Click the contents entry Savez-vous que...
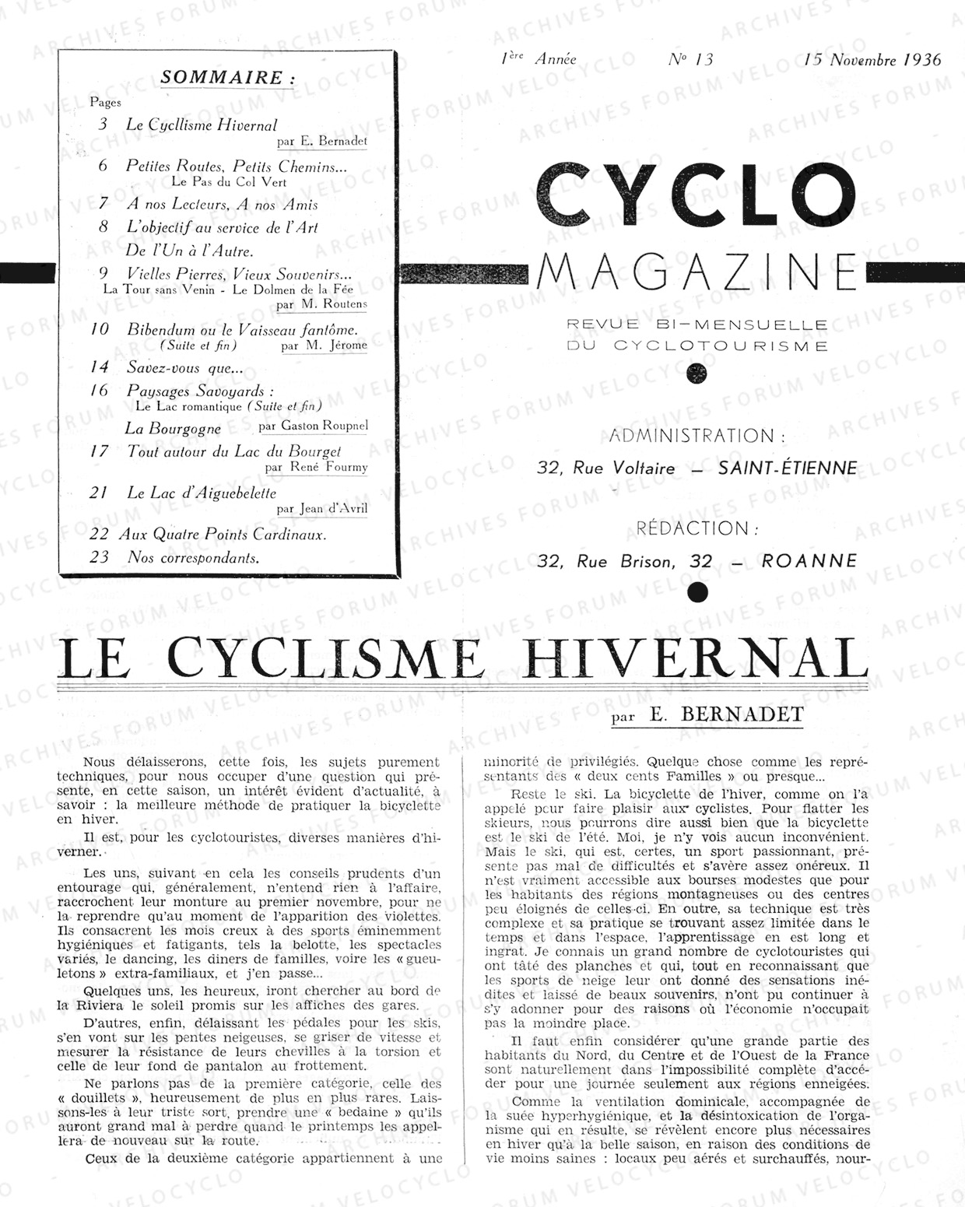(185, 368)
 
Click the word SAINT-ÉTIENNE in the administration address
(788, 468)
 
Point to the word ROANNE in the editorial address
(809, 561)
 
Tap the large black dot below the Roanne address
(698, 592)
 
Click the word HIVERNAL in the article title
(697, 659)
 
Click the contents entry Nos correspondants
(193, 557)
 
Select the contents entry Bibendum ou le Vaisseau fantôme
(242, 329)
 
